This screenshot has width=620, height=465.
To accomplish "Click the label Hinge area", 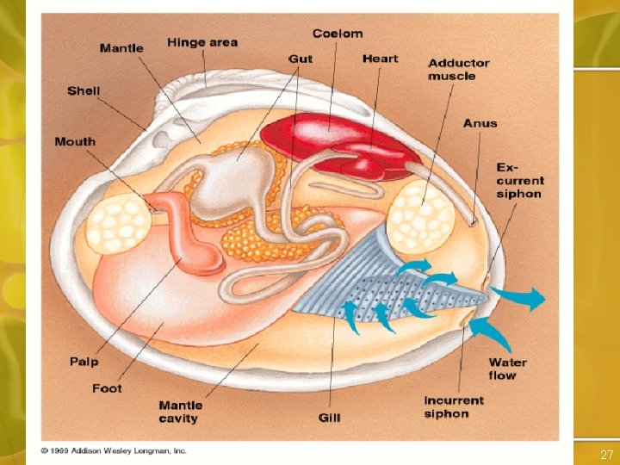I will click(x=202, y=42).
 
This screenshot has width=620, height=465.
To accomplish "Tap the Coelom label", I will click(x=337, y=34).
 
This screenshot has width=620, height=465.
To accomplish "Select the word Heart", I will click(x=380, y=59).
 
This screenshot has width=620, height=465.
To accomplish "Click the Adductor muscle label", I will click(x=458, y=70).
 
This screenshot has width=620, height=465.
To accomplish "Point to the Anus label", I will click(x=480, y=123).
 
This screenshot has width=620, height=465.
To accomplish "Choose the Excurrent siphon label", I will click(x=519, y=180).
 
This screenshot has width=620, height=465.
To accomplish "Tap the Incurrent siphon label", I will click(x=454, y=407).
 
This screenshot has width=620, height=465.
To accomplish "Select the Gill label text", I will click(x=330, y=418).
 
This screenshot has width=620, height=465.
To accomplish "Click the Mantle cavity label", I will click(x=181, y=412).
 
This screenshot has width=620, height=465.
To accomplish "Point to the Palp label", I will click(x=84, y=362).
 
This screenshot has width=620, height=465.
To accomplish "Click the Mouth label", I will click(x=75, y=141).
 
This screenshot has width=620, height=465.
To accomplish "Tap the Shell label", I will click(x=84, y=90).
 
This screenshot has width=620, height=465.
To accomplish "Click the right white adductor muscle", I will click(x=421, y=215).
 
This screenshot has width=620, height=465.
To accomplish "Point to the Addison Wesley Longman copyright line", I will click(x=113, y=450).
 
